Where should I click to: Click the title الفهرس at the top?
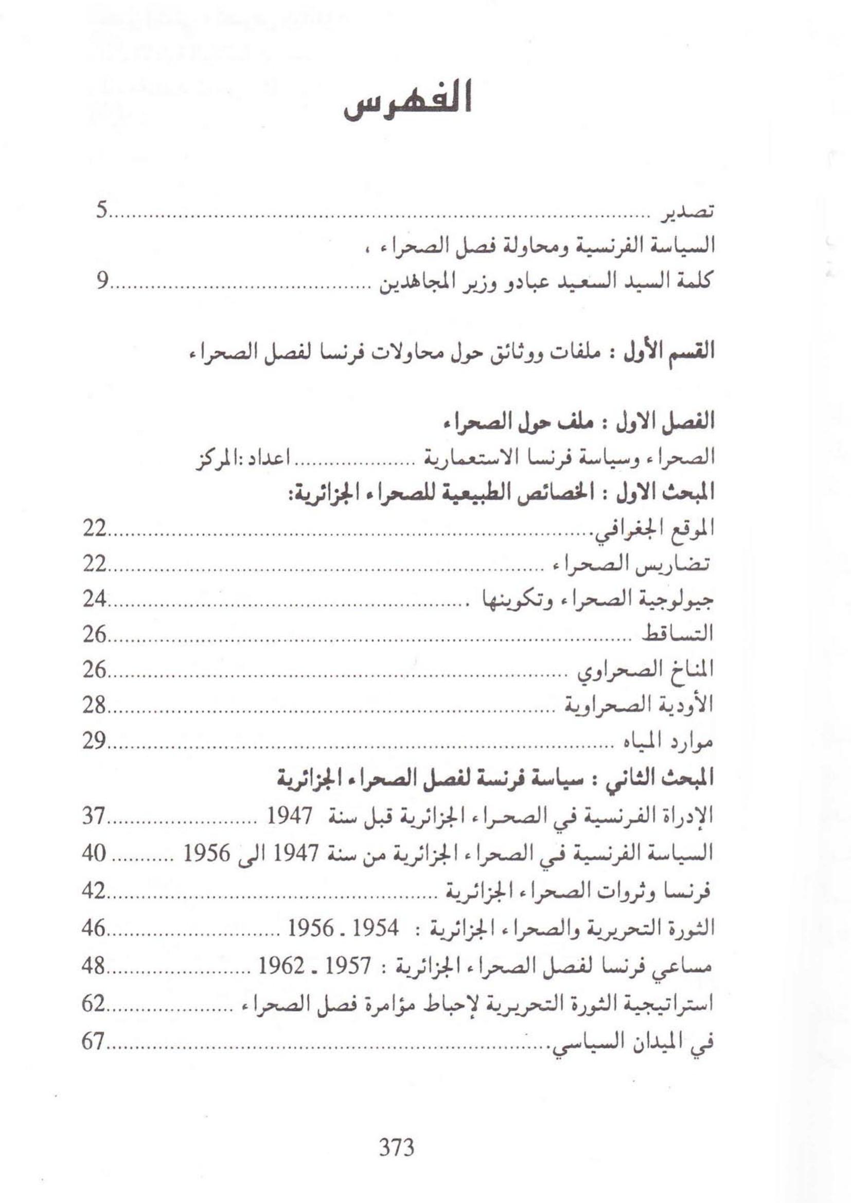tap(408, 104)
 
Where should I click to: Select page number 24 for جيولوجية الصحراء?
tap(95, 599)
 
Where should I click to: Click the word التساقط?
tap(679, 635)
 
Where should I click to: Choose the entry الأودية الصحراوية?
tap(640, 705)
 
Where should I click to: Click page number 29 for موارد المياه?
tap(95, 741)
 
